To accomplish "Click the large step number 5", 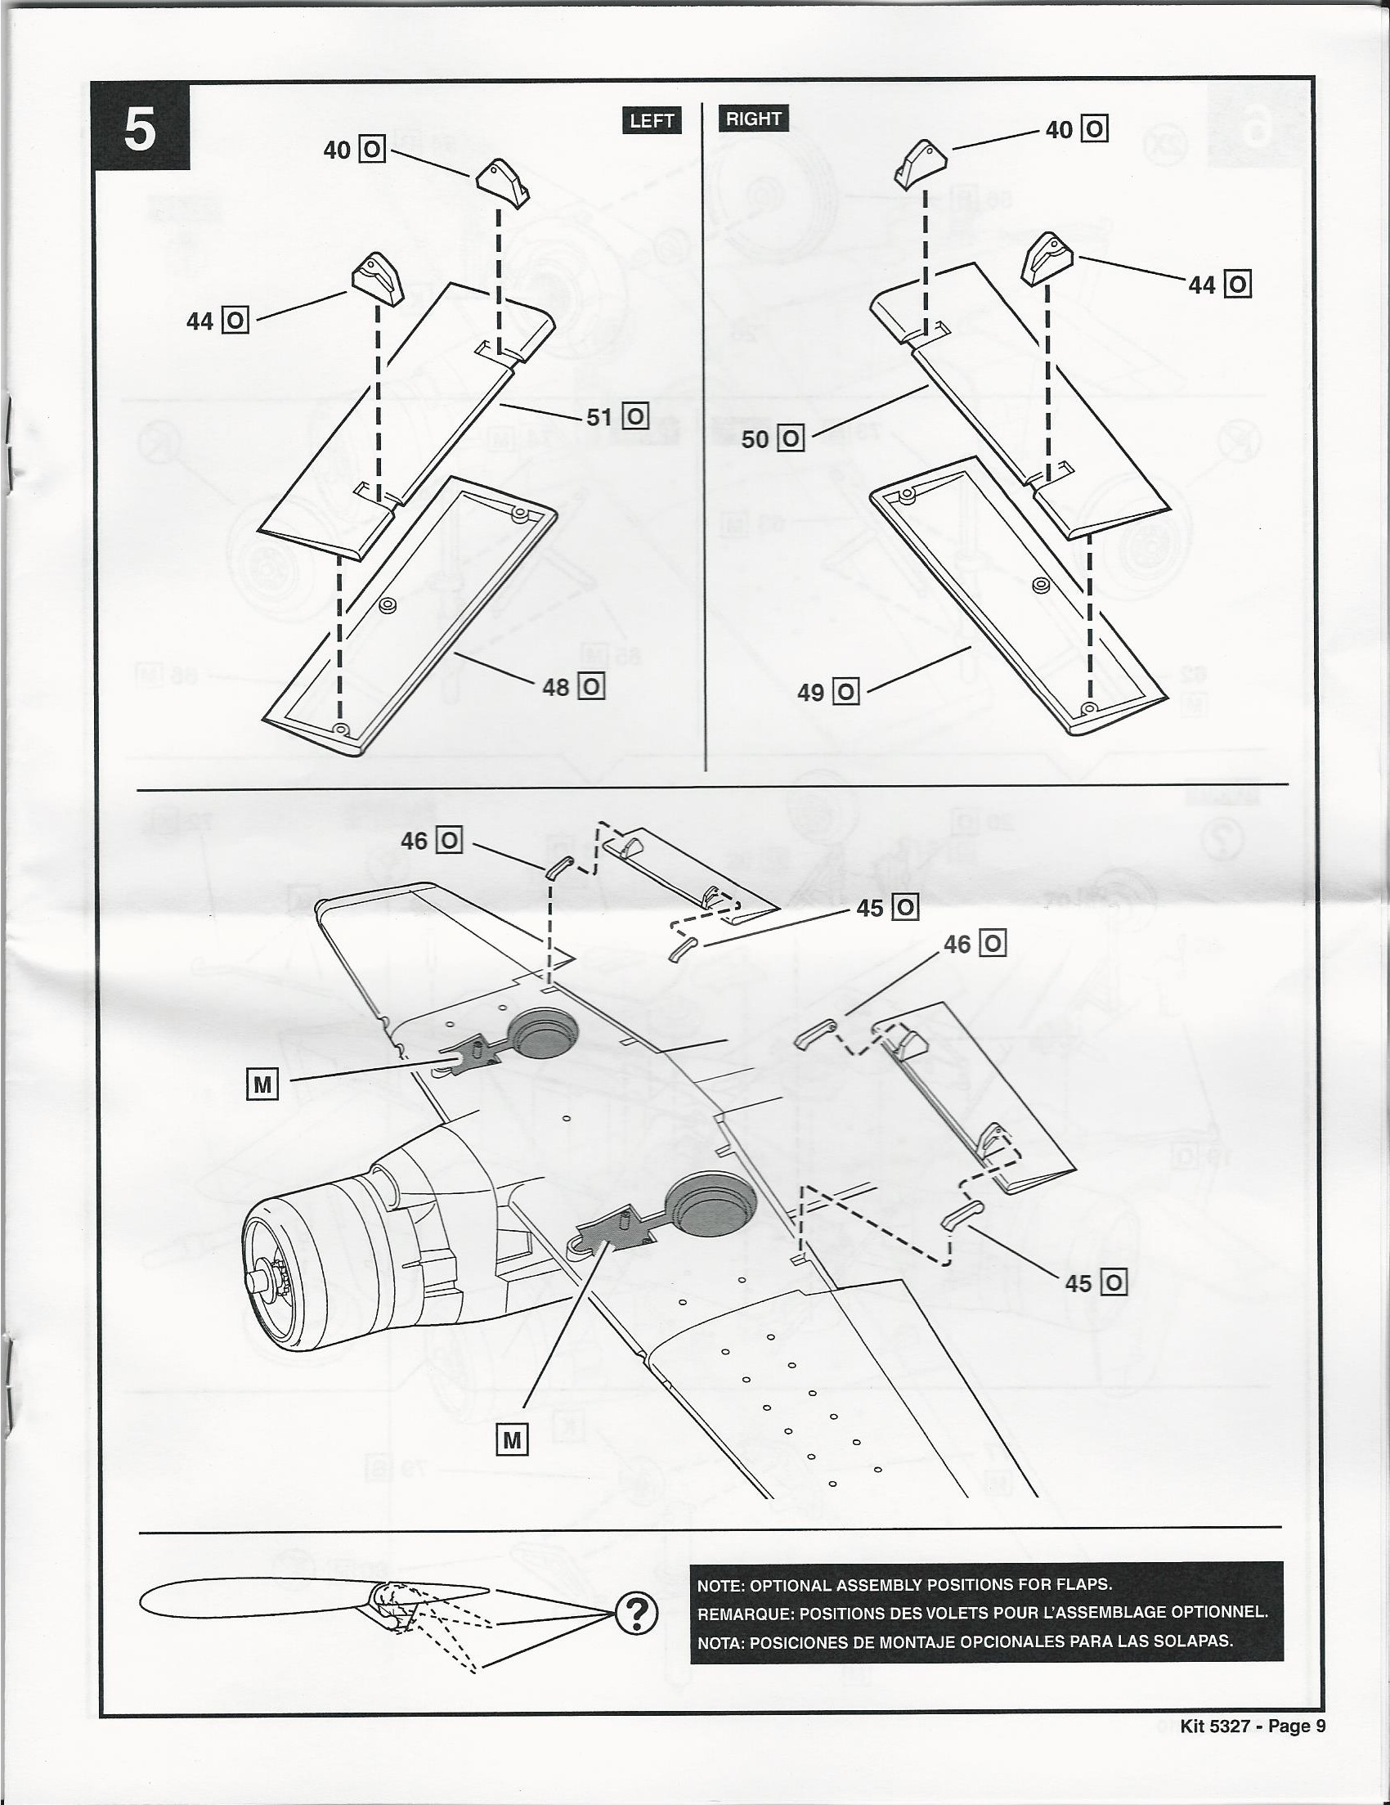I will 141,130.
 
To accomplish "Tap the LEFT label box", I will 651,121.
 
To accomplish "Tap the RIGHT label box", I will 753,119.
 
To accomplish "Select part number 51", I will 599,417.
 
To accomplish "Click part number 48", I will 555,688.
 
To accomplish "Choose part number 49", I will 809,692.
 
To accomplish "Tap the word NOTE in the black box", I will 721,1585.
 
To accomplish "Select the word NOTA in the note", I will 720,1640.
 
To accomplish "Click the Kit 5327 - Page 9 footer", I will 1253,1726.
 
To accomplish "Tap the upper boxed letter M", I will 262,1085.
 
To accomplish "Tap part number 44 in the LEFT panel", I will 200,321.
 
